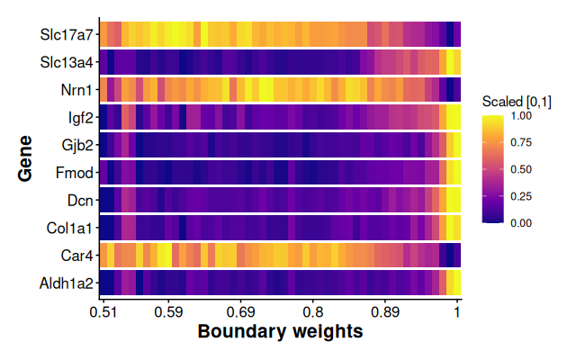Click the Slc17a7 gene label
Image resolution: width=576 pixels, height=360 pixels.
pos(66,36)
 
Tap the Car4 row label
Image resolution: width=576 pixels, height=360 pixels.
pos(76,254)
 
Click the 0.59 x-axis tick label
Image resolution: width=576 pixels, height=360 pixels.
pos(168,312)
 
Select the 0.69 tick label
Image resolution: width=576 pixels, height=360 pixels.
pos(240,312)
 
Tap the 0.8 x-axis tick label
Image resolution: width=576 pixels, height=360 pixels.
pos(312,312)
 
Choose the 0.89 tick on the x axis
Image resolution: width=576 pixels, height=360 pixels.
pos(384,312)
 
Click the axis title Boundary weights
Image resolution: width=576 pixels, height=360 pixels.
pos(280,332)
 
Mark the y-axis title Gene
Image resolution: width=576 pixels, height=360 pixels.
pos(25,158)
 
